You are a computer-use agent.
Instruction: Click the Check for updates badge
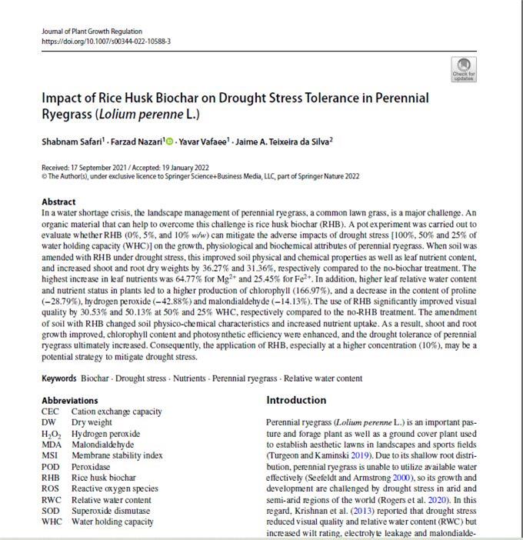click(464, 68)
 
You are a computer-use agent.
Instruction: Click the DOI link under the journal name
click(106, 42)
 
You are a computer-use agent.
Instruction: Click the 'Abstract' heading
click(58, 202)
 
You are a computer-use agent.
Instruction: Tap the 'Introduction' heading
click(296, 401)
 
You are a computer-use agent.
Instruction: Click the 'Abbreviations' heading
click(70, 401)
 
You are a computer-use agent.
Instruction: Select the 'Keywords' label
click(59, 378)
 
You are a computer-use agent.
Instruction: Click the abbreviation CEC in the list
click(50, 412)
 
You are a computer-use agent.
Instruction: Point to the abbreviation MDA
click(51, 445)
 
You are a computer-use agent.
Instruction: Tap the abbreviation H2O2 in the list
click(52, 434)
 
